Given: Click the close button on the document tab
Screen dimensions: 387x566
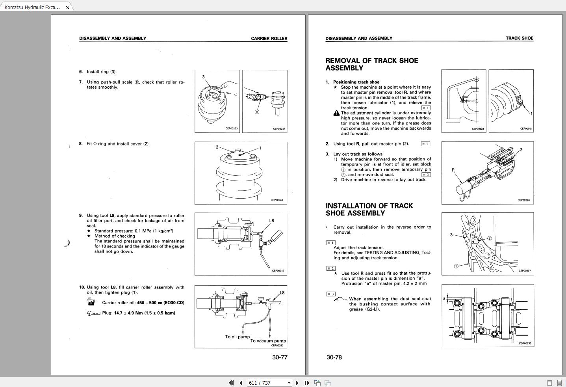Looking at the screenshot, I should pyautogui.click(x=68, y=7).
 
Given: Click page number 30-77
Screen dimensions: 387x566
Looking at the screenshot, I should pyautogui.click(x=280, y=357).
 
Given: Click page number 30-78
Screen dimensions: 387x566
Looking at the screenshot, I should pyautogui.click(x=334, y=357).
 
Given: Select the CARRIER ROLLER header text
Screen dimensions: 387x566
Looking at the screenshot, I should pyautogui.click(x=269, y=39).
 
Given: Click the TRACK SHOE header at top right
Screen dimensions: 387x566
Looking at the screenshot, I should pyautogui.click(x=519, y=38).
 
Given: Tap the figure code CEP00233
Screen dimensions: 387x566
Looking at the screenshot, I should pyautogui.click(x=232, y=128).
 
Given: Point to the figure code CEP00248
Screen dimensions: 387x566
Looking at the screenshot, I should pyautogui.click(x=277, y=200).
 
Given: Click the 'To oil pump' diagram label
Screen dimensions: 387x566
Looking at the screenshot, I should pyautogui.click(x=237, y=337).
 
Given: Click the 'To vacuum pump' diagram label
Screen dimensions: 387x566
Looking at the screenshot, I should pyautogui.click(x=268, y=341).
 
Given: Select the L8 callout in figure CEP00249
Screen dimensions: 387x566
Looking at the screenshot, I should pyautogui.click(x=271, y=221).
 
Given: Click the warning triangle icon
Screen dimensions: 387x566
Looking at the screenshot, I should pyautogui.click(x=336, y=113).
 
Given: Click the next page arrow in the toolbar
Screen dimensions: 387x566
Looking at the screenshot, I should pyautogui.click(x=297, y=383).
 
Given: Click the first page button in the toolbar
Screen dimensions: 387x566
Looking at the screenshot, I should pyautogui.click(x=231, y=383).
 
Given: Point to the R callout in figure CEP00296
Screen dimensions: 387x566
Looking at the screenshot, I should pyautogui.click(x=453, y=170).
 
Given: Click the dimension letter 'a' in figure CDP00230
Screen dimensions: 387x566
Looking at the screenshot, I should pyautogui.click(x=444, y=299).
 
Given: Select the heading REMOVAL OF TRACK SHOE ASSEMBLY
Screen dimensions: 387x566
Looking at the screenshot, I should pyautogui.click(x=371, y=64).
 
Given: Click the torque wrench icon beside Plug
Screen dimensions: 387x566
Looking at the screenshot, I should pyautogui.click(x=93, y=313).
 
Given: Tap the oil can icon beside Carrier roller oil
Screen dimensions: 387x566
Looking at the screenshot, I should pyautogui.click(x=91, y=302).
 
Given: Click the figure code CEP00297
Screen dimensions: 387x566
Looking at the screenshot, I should pyautogui.click(x=525, y=271).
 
